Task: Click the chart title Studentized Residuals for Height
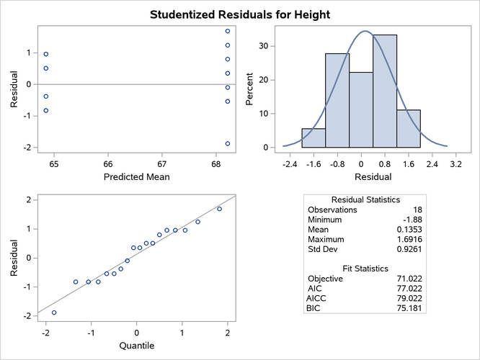pos(240,14)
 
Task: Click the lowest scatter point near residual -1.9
pos(228,143)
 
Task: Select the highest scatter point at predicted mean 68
pos(228,31)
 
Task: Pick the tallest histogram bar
pos(384,91)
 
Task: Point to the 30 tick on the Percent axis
pos(264,45)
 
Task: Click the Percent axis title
pos(250,92)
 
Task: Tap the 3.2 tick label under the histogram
pos(455,164)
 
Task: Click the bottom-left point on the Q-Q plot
pos(53,312)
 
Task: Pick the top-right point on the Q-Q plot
pos(219,209)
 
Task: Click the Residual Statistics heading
pos(365,199)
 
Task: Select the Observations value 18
pos(417,209)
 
